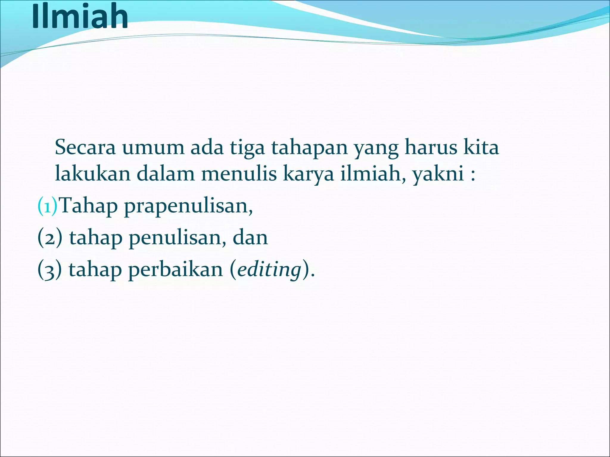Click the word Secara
(x=85, y=148)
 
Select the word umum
(x=153, y=148)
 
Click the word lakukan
(x=93, y=174)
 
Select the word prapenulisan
(x=188, y=207)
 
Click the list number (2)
(x=50, y=238)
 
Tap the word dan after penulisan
(x=250, y=238)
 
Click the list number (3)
(x=50, y=270)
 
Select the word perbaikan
(x=175, y=270)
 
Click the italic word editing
(x=269, y=270)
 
